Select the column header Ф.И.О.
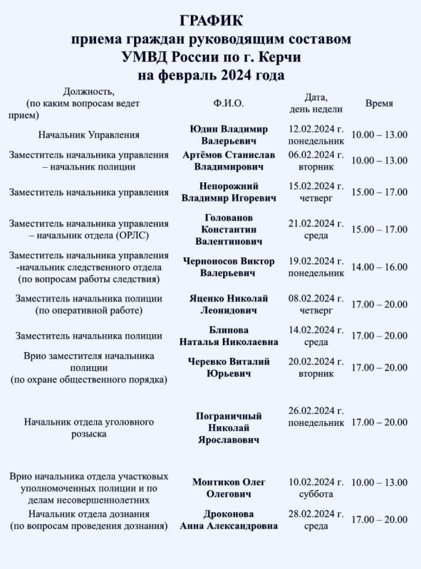[x=229, y=103]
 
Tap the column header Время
[x=379, y=103]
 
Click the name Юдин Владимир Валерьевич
[x=229, y=134]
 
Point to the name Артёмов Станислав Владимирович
[x=229, y=161]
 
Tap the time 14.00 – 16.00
[x=379, y=267]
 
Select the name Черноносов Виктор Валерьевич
[x=229, y=267]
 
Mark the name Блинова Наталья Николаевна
[x=229, y=336]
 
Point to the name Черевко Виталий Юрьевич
[x=229, y=368]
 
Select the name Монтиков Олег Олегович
[x=229, y=488]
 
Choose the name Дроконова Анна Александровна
[x=229, y=520]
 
